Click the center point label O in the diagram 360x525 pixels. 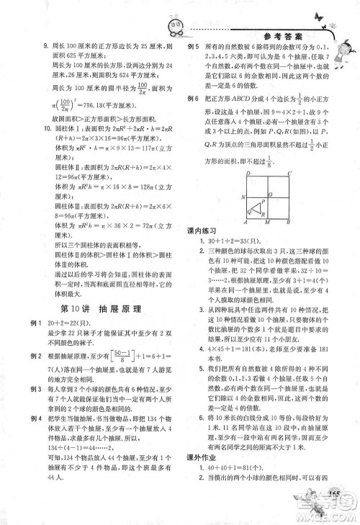tap(271, 194)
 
